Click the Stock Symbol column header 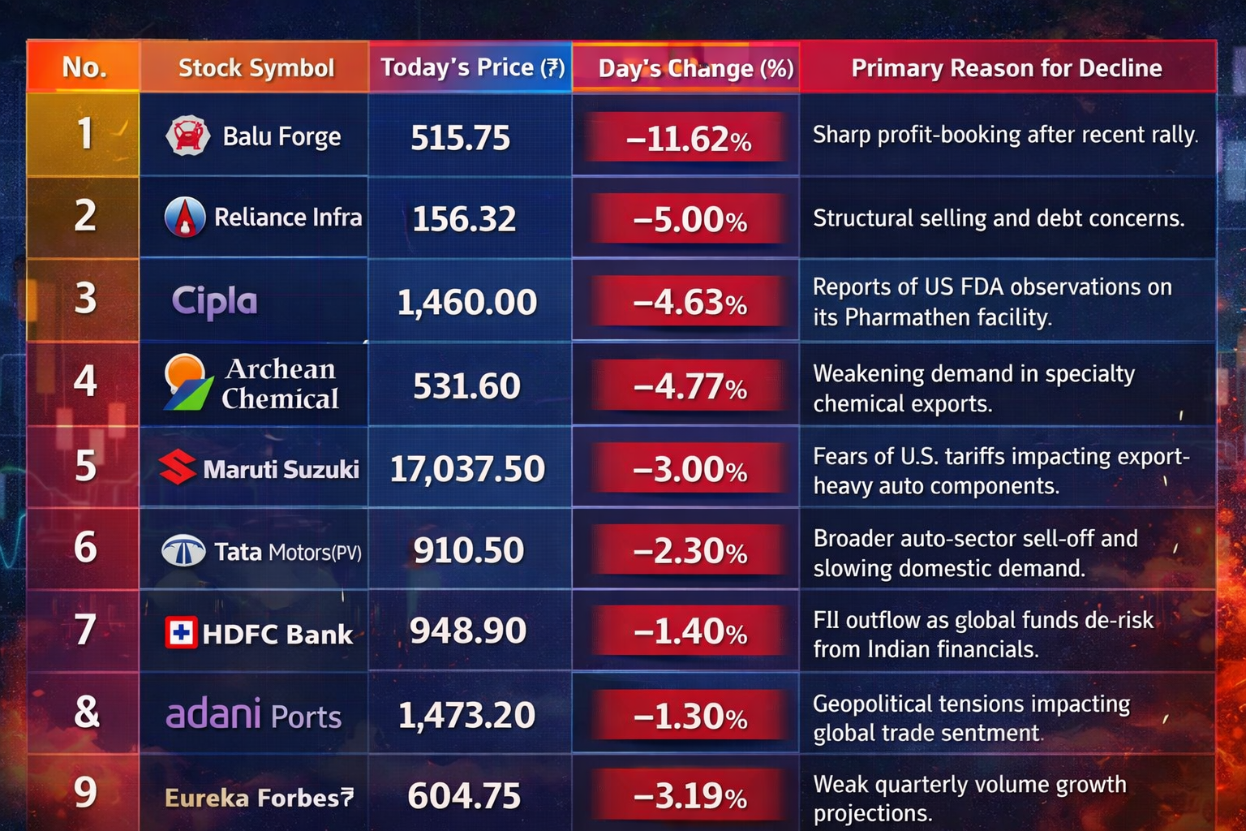click(256, 67)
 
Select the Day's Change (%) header click(695, 68)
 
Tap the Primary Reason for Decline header click(1006, 68)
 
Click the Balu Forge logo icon click(188, 136)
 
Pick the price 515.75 click(460, 138)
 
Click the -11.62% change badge click(688, 139)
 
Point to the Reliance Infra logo click(185, 217)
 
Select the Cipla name click(214, 301)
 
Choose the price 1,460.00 click(466, 303)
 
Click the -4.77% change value click(690, 386)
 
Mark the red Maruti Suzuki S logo click(177, 467)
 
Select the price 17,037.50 click(467, 469)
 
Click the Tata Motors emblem click(183, 552)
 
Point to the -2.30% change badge click(690, 552)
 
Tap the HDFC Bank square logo click(180, 633)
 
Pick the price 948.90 click(468, 631)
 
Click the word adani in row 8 click(213, 714)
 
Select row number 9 click(85, 792)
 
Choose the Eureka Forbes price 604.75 click(464, 795)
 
